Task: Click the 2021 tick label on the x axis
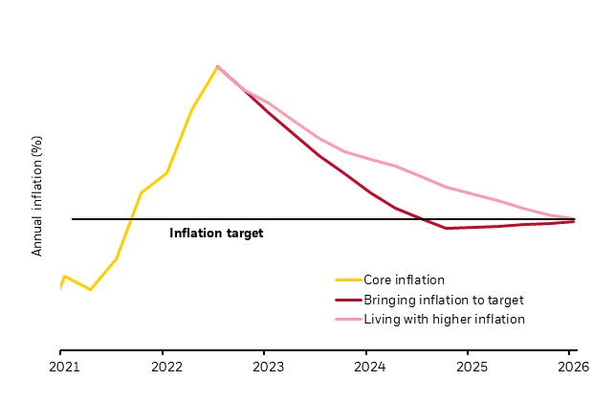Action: coord(62,366)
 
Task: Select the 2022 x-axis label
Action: coord(165,366)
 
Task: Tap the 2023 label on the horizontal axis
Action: coord(266,366)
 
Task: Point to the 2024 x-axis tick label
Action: coord(368,366)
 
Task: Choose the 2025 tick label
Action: coord(470,366)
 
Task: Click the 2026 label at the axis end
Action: coord(572,366)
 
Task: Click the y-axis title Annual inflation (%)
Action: coord(38,195)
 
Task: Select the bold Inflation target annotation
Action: coord(216,233)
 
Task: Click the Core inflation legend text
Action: coord(404,280)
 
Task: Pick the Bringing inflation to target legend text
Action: coord(443,300)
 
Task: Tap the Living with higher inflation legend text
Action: coord(444,319)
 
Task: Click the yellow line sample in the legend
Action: coord(347,280)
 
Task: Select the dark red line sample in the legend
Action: coord(347,300)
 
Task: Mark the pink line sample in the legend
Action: coord(347,319)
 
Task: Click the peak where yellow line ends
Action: coord(218,66)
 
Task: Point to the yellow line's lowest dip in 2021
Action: coord(90,289)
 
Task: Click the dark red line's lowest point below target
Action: coord(446,228)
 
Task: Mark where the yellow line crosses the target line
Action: coord(131,219)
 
